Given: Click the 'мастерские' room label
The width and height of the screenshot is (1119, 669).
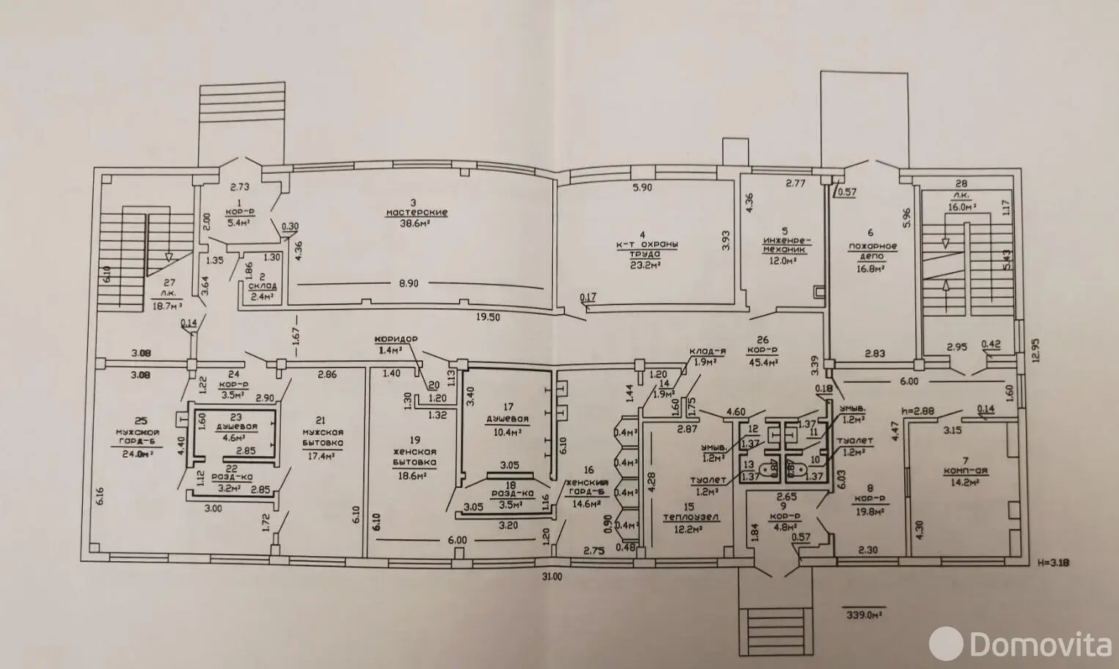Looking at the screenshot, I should click(417, 213).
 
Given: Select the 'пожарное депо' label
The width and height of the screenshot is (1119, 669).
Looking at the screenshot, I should click(873, 252).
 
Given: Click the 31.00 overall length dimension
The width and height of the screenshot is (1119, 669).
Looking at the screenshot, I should click(551, 577).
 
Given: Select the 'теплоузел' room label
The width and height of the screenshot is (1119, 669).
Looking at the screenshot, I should click(689, 516).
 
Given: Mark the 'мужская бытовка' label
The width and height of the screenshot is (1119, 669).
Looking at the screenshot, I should click(320, 437).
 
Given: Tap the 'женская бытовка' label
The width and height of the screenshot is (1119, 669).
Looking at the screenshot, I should click(414, 457).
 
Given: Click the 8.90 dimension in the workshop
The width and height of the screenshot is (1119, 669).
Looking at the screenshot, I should click(408, 282).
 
